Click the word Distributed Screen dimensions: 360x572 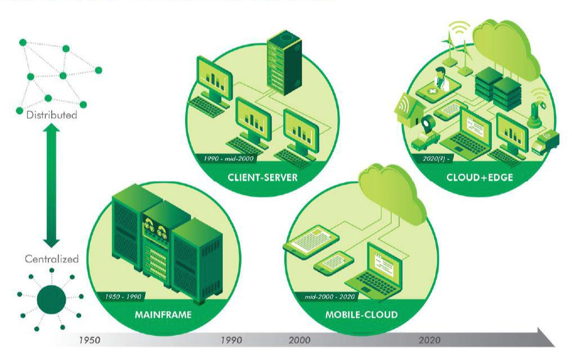pos(51,115)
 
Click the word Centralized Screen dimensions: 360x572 pos(51,259)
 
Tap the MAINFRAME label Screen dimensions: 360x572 pos(163,314)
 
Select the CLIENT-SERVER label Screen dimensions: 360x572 pos(262,178)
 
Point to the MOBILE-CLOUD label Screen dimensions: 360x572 pos(361,314)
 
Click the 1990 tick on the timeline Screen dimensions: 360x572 pos(231,340)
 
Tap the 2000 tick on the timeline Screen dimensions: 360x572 pos(300,340)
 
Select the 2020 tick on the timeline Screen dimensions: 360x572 pos(430,340)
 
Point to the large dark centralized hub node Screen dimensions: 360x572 pos(51,299)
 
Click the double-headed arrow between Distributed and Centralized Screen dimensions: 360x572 pos(51,186)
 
